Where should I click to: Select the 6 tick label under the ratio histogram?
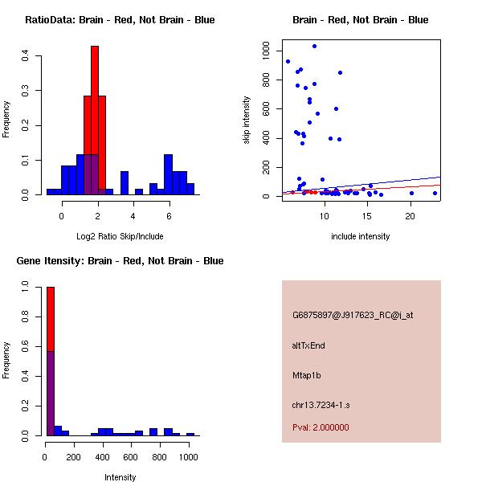(169, 216)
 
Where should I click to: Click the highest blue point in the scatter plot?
(314, 46)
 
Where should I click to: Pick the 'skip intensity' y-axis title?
(247, 120)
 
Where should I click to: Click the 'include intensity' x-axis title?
(361, 236)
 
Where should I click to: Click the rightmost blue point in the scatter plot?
(435, 193)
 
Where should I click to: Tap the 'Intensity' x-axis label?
(120, 477)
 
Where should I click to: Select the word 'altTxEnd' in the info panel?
(308, 345)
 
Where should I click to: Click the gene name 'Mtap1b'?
(307, 375)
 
